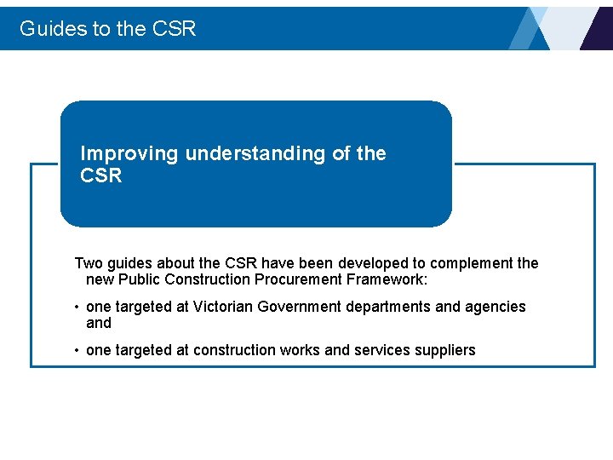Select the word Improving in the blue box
129,154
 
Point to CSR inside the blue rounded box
101,176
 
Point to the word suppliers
445,350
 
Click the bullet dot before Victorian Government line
77,308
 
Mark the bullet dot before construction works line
77,351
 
